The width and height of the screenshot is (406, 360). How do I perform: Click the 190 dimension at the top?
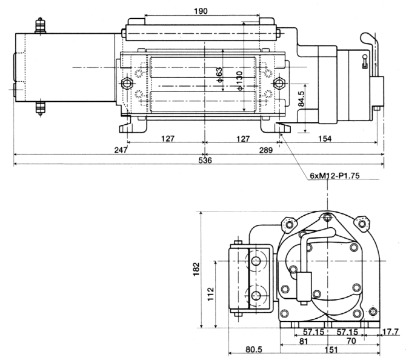click(x=201, y=11)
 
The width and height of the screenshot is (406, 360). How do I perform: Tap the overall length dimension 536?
click(x=205, y=161)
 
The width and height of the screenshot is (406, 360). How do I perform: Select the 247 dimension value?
click(x=121, y=150)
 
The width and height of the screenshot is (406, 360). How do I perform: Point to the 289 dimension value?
click(x=266, y=150)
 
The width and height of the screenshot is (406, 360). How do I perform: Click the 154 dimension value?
click(x=325, y=139)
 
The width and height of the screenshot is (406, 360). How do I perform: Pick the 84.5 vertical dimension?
click(x=301, y=99)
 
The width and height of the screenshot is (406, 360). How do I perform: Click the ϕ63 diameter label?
click(x=219, y=75)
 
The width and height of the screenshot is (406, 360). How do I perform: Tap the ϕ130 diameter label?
click(x=240, y=81)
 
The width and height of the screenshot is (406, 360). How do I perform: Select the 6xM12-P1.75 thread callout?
click(x=334, y=176)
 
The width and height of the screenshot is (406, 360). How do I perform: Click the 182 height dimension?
click(x=196, y=269)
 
